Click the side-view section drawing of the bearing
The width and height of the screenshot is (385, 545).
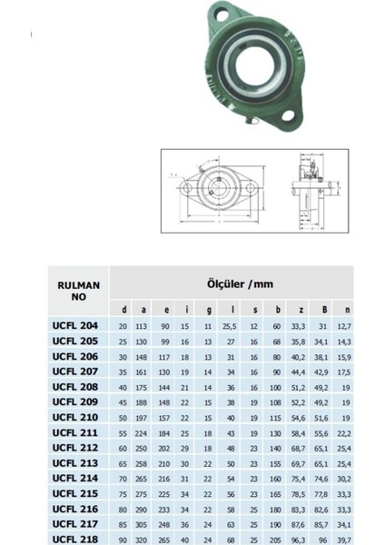[x=301, y=188]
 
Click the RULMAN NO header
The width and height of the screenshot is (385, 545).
[x=77, y=290]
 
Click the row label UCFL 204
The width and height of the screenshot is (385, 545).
[x=77, y=324]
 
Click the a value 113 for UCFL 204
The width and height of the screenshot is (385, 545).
[x=141, y=325]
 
